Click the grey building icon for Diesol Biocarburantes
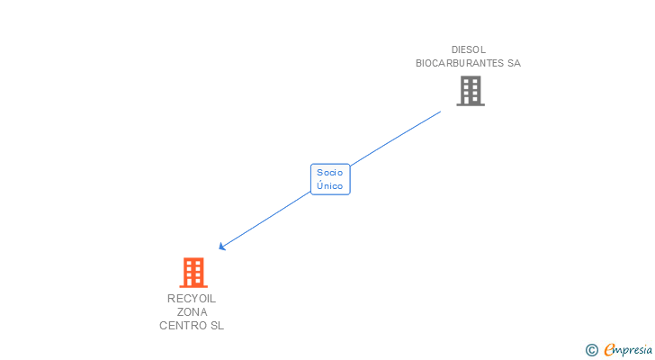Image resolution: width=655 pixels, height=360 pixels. (x=470, y=91)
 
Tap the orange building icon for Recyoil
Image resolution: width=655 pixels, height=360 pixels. (x=193, y=273)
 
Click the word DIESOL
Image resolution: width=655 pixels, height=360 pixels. (x=468, y=49)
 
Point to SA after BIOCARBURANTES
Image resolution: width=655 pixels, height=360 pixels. (x=514, y=63)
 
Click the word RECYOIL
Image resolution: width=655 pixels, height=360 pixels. (x=192, y=299)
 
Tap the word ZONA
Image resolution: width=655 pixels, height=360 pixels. (x=192, y=312)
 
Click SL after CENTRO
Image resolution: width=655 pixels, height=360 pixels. (x=217, y=326)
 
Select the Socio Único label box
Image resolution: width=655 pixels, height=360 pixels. (x=330, y=179)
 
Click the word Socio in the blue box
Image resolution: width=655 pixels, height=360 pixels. (x=330, y=172)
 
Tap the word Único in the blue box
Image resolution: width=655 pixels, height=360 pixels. (x=330, y=186)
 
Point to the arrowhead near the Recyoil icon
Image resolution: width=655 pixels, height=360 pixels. (x=221, y=247)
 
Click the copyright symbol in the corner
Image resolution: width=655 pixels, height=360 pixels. (x=591, y=350)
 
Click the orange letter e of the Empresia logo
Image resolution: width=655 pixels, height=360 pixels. (x=609, y=350)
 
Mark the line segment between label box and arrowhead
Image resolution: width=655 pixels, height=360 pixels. (x=265, y=220)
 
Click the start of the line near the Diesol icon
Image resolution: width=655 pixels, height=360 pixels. (x=440, y=112)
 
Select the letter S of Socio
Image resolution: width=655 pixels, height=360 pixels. (x=319, y=172)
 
